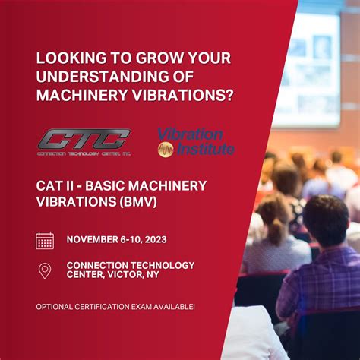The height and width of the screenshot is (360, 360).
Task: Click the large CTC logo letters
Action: point(84,139)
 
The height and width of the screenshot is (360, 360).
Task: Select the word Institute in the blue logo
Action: point(205,149)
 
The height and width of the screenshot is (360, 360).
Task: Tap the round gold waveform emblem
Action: point(166,150)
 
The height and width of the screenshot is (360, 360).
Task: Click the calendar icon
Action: point(45,241)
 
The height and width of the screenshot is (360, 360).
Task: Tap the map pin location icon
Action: point(45,270)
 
